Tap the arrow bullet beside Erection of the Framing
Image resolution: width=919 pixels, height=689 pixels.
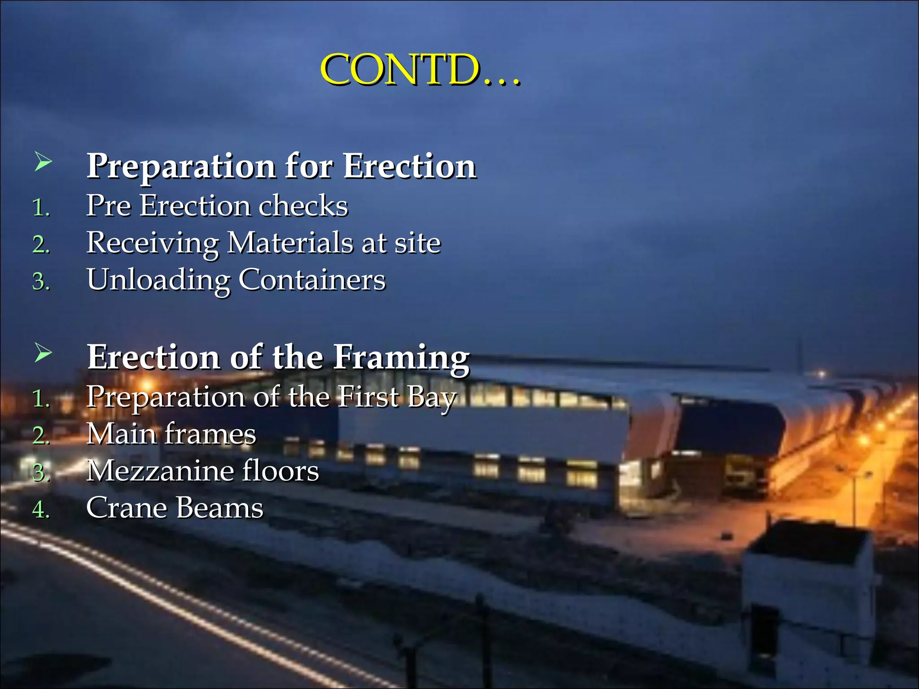coord(43,353)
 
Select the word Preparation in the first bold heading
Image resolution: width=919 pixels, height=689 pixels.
coord(181,167)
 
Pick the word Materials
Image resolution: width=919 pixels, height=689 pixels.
coord(290,243)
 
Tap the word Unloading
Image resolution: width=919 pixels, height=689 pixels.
coord(158,280)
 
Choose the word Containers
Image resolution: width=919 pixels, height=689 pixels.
coord(312,280)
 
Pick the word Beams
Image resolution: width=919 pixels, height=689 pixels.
coord(219,508)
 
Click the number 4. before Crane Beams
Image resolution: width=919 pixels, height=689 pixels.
coord(41,510)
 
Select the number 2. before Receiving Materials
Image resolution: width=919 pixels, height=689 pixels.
coord(41,245)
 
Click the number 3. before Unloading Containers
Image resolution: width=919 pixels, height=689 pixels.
coord(41,282)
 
